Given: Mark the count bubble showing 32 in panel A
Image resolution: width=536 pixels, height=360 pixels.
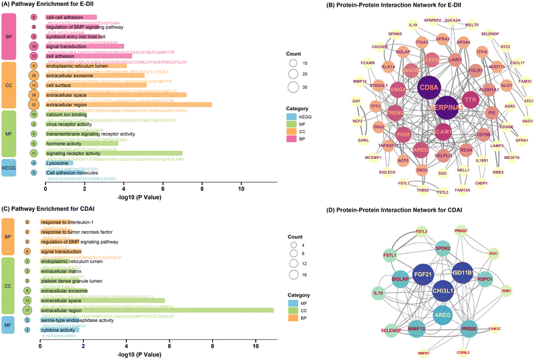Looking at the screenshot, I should point(34,104).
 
